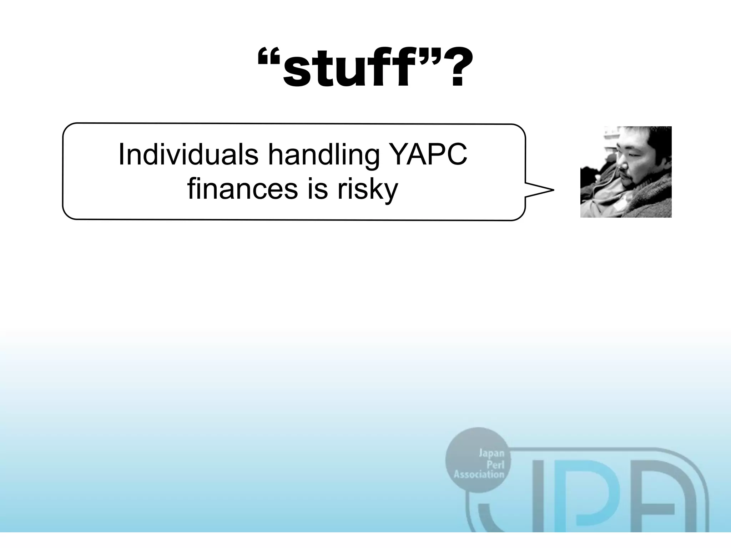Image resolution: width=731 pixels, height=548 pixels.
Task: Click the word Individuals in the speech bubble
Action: click(x=188, y=154)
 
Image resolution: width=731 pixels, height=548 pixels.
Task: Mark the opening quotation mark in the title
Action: click(x=269, y=57)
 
